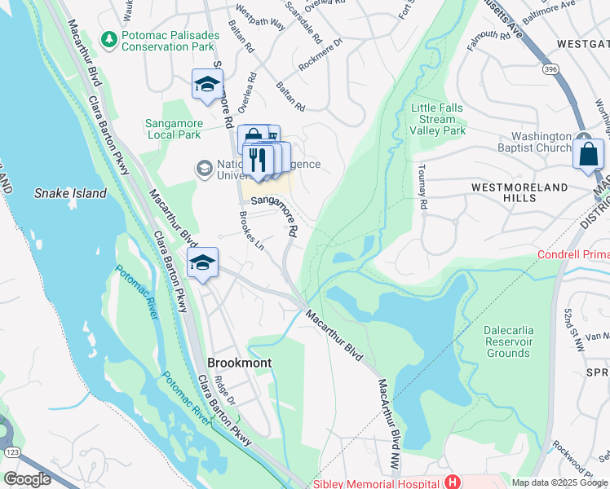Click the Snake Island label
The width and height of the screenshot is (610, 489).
70,193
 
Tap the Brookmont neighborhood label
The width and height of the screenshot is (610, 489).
239,363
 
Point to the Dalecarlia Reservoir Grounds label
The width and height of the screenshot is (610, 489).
507,341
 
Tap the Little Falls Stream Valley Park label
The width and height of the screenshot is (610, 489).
438,119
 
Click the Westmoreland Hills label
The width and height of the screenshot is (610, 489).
519,192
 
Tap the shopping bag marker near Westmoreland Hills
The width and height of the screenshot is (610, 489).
588,154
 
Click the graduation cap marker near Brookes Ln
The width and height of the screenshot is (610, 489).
202,262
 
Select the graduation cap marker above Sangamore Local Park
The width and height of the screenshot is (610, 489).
207,84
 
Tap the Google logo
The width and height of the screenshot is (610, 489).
28,478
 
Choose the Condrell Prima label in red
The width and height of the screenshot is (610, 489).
572,255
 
